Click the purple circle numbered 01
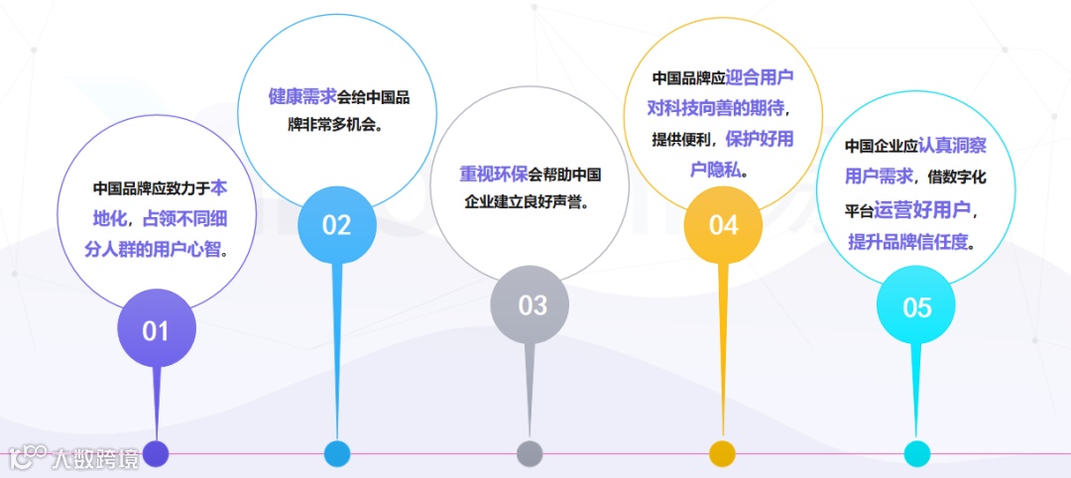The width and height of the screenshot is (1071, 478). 157,329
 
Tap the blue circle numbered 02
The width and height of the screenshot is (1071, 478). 337,225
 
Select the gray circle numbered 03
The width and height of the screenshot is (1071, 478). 532,305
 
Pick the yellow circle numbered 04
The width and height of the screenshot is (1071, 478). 724,225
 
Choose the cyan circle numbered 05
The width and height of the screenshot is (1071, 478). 917,306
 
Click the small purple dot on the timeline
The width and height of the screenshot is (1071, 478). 157,454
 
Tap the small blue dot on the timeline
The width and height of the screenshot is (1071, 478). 337,454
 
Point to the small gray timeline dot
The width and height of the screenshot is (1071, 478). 531,454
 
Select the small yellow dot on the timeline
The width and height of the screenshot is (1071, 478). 723,454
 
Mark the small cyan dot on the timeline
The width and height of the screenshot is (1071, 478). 917,454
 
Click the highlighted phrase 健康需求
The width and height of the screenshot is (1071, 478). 302,97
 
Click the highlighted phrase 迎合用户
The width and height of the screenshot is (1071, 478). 761,77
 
